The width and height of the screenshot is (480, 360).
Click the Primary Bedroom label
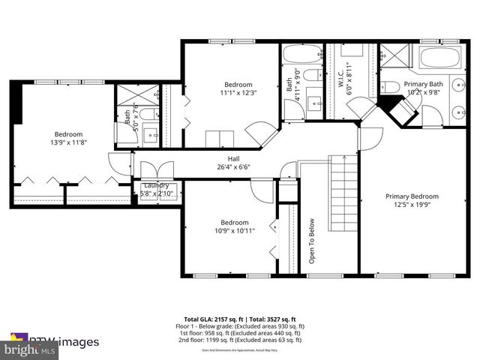point(412,196)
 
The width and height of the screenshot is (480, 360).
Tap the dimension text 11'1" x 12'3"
point(238,93)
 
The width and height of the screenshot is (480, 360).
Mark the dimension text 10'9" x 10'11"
point(234,231)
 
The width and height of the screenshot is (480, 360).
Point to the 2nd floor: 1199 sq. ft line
point(239,340)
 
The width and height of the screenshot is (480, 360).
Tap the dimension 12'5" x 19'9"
point(412,205)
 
